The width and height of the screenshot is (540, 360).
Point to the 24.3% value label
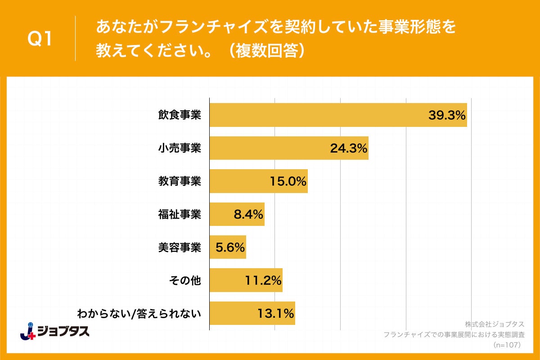tap(349, 148)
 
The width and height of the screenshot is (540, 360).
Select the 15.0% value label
tap(288, 181)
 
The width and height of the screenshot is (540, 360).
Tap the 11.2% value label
tap(263, 280)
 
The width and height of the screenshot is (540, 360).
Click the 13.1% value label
tap(276, 313)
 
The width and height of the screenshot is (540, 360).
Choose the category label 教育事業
tap(179, 181)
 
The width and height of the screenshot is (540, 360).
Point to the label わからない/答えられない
tap(139, 313)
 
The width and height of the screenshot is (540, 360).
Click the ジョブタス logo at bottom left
tap(55, 331)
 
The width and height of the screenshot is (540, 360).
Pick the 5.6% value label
tap(230, 247)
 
